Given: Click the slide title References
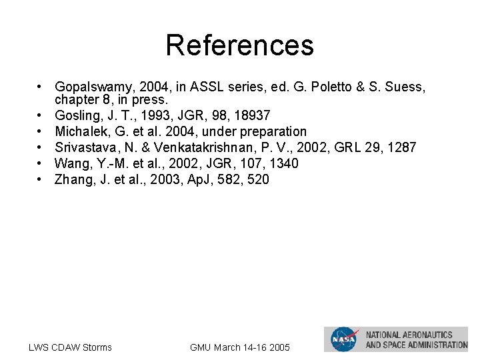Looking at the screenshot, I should tap(239, 45).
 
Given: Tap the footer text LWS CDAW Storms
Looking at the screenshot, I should tap(70, 347).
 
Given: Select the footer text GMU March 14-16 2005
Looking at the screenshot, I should tap(239, 347).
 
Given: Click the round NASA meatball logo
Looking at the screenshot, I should tap(344, 339).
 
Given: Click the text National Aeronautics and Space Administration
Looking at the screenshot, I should tap(416, 339).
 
